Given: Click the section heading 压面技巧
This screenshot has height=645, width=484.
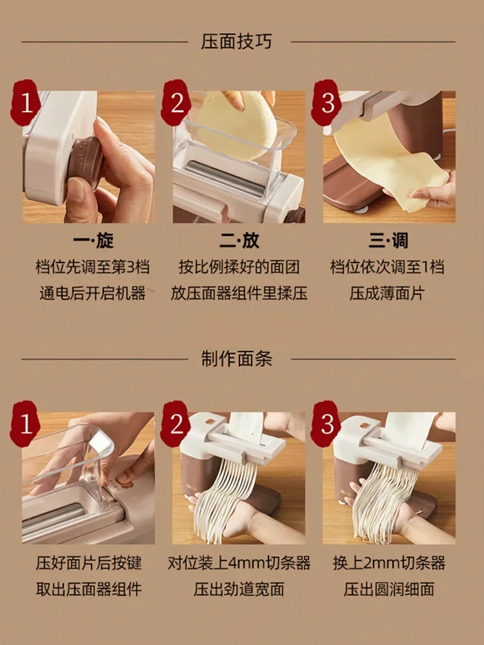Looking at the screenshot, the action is [x=236, y=42].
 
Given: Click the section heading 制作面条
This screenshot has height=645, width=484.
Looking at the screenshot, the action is [x=236, y=359].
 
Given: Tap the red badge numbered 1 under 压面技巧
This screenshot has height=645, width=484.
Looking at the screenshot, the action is [x=26, y=103].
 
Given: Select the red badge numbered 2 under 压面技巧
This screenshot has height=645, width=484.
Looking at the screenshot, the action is [x=176, y=103].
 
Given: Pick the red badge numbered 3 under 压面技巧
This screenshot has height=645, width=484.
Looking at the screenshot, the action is [x=327, y=103].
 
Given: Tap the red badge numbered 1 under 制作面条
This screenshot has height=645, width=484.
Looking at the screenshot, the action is [x=26, y=424].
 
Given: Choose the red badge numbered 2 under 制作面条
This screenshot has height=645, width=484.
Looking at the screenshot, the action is [x=176, y=424].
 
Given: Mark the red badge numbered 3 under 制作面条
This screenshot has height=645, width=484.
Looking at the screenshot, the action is [x=327, y=424].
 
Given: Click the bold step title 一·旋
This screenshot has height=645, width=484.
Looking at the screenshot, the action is [x=93, y=241].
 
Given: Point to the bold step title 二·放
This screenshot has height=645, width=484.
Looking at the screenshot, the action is [x=239, y=241].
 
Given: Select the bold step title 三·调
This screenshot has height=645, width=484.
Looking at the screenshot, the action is [x=388, y=241].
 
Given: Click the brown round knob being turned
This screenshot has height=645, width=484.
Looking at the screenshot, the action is [x=85, y=163].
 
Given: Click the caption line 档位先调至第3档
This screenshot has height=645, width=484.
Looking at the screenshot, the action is [x=92, y=268].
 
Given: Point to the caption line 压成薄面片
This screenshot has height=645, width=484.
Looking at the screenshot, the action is [x=387, y=293].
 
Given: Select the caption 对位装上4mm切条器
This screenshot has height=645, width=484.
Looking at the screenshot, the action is [x=239, y=562].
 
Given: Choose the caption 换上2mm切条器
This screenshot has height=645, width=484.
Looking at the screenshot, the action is [x=389, y=562].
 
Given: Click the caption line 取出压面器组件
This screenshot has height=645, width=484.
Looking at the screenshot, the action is [x=88, y=589].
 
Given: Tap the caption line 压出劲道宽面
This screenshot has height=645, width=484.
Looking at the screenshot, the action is [x=239, y=589].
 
